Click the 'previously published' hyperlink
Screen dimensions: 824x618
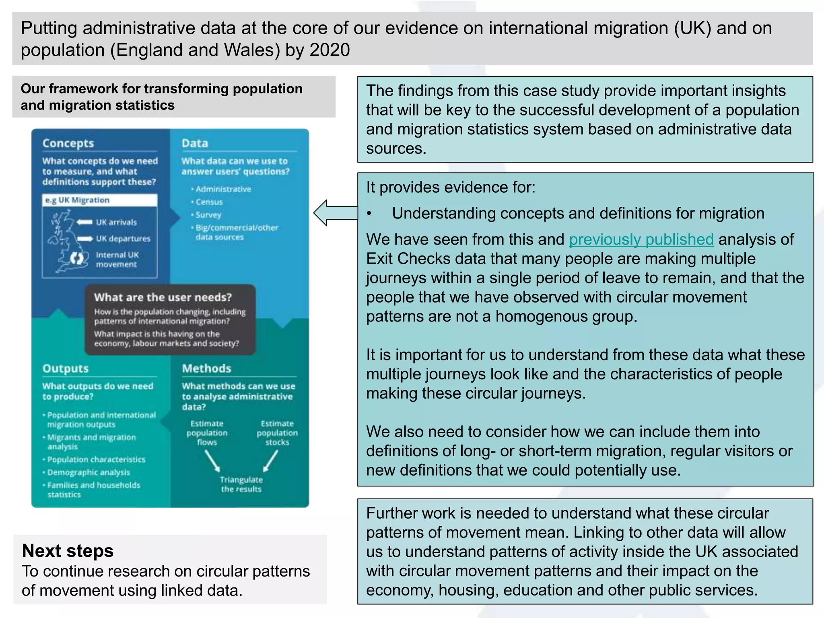tap(641, 239)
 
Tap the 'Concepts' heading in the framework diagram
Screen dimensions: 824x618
tap(68, 143)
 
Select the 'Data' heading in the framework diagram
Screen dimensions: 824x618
tap(195, 143)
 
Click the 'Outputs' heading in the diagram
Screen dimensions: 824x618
tap(65, 369)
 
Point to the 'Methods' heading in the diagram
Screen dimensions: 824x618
tap(206, 369)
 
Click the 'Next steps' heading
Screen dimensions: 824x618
tap(68, 550)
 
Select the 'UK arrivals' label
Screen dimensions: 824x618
tap(116, 222)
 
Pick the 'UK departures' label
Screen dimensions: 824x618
tap(123, 239)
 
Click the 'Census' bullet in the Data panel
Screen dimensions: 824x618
tap(209, 202)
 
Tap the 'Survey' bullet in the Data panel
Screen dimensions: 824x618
tap(208, 215)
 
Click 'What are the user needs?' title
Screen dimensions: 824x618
tap(163, 297)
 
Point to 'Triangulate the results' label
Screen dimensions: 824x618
tap(241, 484)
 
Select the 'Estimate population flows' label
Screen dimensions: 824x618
tap(207, 433)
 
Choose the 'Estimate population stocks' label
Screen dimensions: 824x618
tap(277, 433)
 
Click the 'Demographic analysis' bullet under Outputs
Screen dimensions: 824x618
tap(89, 472)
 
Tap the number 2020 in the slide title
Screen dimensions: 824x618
tap(330, 50)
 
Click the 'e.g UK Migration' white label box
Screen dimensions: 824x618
tap(99, 200)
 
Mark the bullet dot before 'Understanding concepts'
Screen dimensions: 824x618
tap(369, 214)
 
